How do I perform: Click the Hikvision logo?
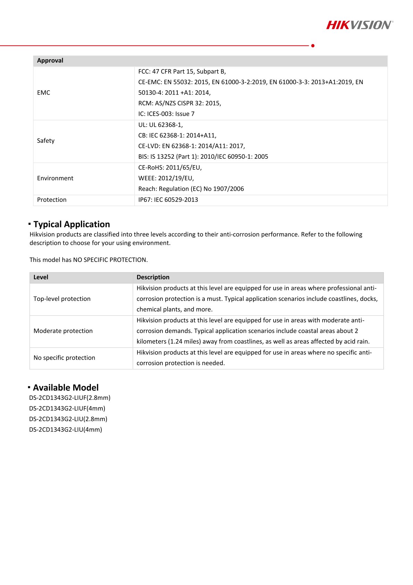click(360, 25)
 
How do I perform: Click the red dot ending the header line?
click(313, 46)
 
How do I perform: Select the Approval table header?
click(50, 60)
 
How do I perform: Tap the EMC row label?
click(44, 93)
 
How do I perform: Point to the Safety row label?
click(46, 141)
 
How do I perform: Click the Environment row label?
click(55, 178)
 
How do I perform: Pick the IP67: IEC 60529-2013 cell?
click(168, 200)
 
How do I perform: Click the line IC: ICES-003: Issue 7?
click(166, 114)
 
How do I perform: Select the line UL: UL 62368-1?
click(160, 125)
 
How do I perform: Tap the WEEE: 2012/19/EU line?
click(166, 178)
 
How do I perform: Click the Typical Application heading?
click(71, 224)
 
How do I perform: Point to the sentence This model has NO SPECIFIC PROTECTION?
click(88, 260)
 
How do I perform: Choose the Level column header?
click(41, 277)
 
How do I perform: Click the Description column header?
click(153, 277)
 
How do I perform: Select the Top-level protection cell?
click(62, 299)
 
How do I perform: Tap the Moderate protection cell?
click(63, 331)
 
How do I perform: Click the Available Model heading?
click(66, 388)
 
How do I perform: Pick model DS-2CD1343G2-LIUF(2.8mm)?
click(70, 398)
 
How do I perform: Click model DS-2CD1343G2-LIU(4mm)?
click(66, 430)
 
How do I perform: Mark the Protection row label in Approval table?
click(52, 200)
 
